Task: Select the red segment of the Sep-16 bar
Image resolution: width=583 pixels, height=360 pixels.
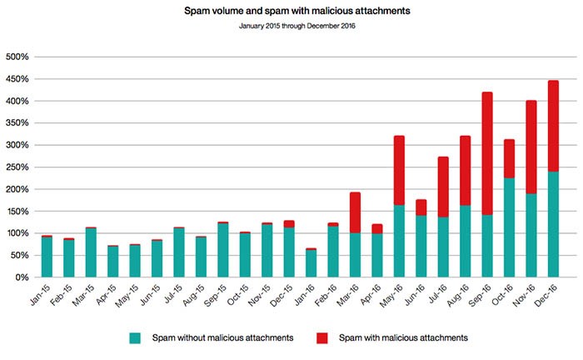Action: tap(487, 154)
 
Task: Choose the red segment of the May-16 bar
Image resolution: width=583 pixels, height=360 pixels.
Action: tap(399, 170)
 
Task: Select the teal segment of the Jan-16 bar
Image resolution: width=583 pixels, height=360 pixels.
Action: tap(311, 263)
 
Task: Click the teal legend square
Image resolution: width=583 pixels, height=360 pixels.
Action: tap(134, 337)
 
